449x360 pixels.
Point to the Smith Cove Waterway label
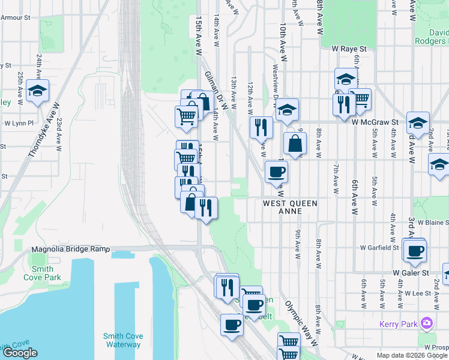122,340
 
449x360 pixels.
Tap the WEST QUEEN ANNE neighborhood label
290,208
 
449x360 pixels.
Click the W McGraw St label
375,122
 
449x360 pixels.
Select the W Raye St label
349,48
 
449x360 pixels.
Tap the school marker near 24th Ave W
37,91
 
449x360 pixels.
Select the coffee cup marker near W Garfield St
414,250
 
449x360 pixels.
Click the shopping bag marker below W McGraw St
295,144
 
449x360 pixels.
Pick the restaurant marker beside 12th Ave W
261,127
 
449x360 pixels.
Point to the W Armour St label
14,18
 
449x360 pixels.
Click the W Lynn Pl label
19,123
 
